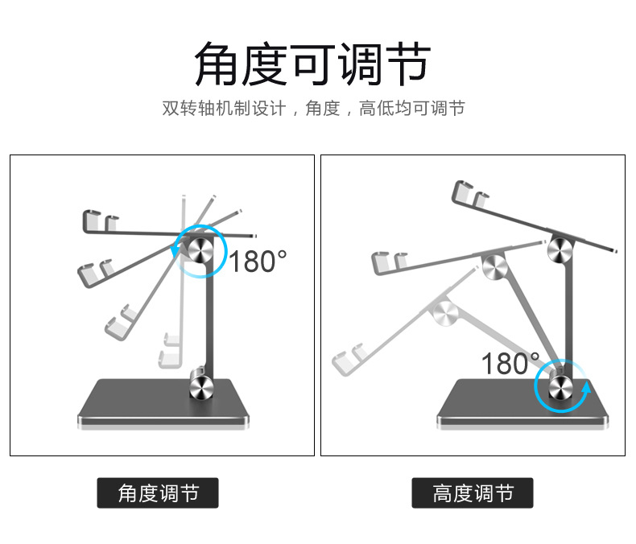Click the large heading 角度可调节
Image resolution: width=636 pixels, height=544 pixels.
[313, 64]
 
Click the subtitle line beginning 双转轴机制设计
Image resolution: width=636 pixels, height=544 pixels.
[313, 108]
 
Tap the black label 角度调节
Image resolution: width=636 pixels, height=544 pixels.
[158, 493]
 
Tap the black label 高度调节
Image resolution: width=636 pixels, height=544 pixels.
[473, 493]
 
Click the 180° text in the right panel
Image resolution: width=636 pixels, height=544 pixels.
[510, 364]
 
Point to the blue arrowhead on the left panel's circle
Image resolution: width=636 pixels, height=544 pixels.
[176, 252]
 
